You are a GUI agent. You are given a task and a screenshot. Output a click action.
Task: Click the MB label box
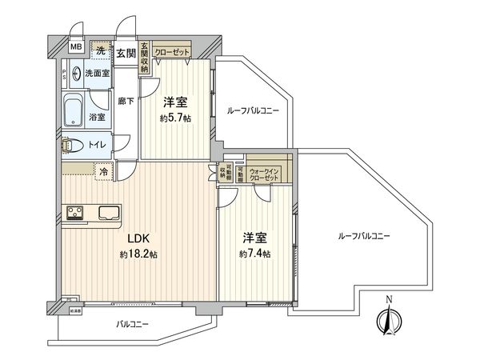[76, 47]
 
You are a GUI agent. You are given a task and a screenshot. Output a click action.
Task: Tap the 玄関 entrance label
[125, 54]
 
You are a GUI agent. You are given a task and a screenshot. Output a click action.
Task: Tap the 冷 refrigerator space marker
[103, 170]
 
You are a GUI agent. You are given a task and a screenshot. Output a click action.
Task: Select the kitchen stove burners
[76, 213]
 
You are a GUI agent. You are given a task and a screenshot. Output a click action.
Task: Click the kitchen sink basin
[109, 213]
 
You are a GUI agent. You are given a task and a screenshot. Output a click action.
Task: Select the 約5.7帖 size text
[176, 118]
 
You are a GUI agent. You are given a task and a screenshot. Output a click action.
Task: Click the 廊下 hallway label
[126, 101]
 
